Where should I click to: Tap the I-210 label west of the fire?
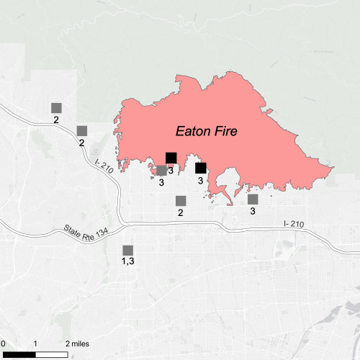[104, 165]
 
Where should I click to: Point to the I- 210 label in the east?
[294, 224]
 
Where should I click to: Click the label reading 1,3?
[127, 261]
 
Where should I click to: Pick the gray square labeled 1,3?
[127, 250]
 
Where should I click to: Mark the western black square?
[171, 158]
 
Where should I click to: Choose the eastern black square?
[201, 168]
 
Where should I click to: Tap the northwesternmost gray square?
[56, 107]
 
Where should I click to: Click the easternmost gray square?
[253, 199]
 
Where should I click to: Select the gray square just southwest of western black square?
[161, 171]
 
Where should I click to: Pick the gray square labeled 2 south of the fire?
[181, 200]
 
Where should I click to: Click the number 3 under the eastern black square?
[201, 181]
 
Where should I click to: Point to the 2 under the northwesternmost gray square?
[56, 120]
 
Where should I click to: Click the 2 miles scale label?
[78, 344]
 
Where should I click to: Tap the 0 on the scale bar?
[3, 344]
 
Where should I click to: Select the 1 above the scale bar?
[36, 344]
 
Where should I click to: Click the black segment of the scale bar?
[18, 354]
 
